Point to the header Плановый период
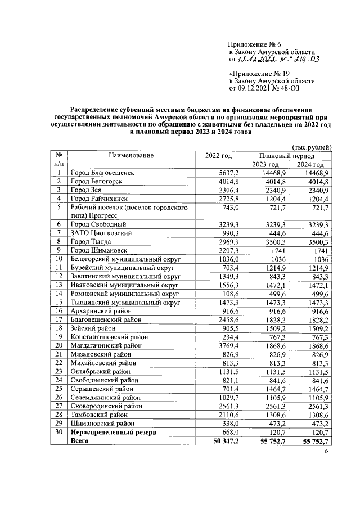[287, 155]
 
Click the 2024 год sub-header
[310, 164]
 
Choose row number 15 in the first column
[58, 302]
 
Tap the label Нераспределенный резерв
[112, 433]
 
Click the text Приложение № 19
[259, 74]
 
